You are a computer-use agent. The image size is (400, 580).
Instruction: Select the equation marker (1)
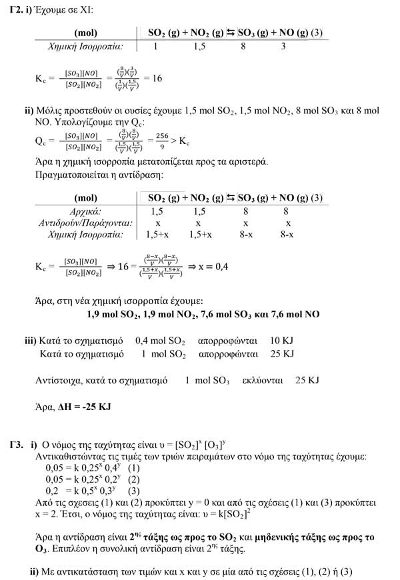(x=134, y=469)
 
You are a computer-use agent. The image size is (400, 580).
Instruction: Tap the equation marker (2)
(x=134, y=480)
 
